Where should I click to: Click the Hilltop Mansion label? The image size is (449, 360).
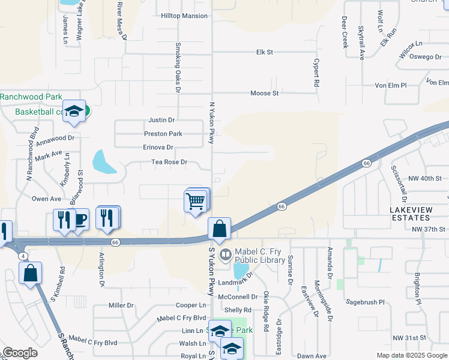[x=184, y=16]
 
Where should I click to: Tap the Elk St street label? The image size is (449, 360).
[x=264, y=52]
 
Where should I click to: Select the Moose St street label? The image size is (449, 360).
[x=264, y=93]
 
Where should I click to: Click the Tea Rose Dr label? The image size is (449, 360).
[x=169, y=162]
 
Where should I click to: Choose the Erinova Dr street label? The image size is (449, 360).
[x=158, y=147]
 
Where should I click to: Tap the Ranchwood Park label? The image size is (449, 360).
[x=31, y=96]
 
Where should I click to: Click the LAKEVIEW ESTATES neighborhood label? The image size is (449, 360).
[x=415, y=214]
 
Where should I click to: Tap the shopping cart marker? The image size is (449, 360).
[x=196, y=201]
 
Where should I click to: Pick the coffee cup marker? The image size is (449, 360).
[x=80, y=219]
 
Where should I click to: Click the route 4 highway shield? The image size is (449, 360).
[x=22, y=256]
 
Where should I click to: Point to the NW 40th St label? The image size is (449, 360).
[x=425, y=178]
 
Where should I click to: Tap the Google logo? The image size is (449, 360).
[x=20, y=353]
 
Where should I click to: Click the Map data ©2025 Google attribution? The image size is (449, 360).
[x=411, y=355]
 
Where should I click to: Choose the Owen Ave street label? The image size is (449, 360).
[x=46, y=199]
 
